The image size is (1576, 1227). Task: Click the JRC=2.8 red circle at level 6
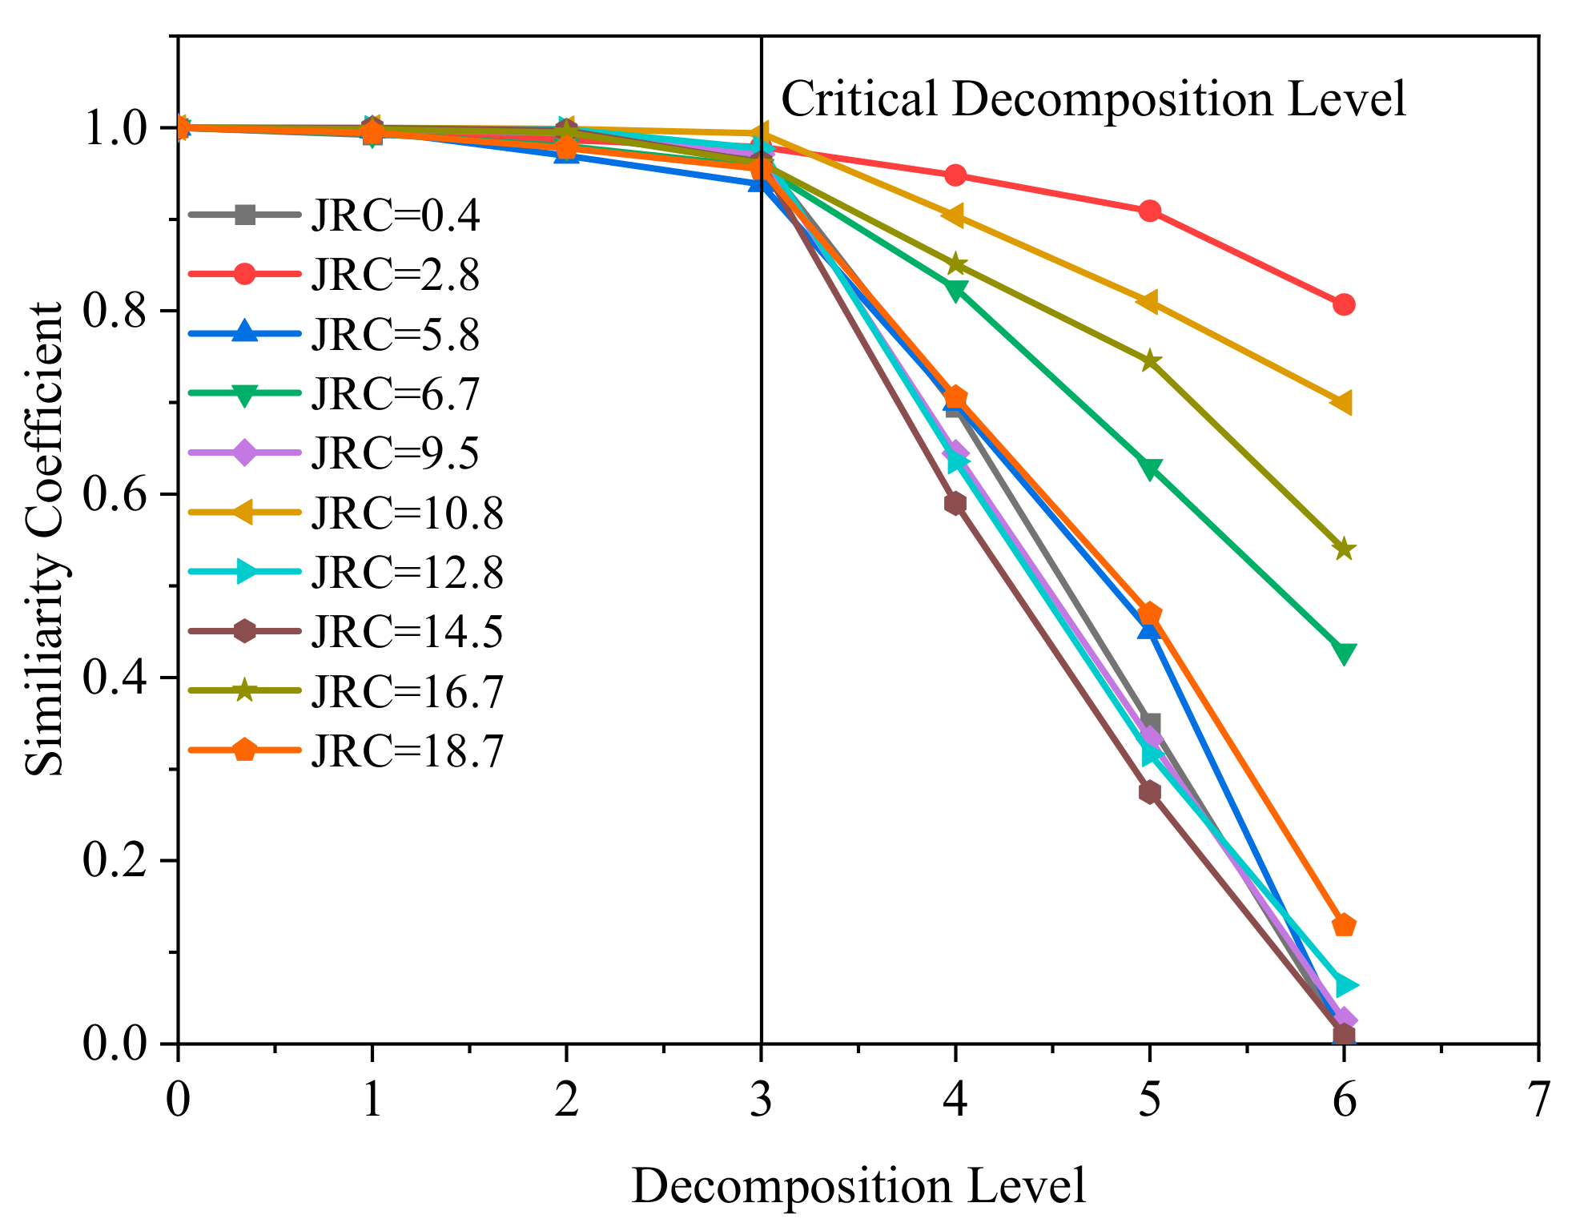(x=1344, y=304)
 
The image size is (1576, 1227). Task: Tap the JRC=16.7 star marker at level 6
(x=1344, y=549)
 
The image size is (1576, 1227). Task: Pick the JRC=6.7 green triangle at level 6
(x=1344, y=652)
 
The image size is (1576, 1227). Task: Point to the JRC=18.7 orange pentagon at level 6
(x=1344, y=926)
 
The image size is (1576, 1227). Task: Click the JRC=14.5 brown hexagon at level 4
(x=955, y=503)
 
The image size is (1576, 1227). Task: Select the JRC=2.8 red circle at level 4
(x=955, y=175)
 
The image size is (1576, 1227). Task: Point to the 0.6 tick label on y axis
(x=117, y=494)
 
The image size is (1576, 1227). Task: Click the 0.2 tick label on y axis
(x=117, y=861)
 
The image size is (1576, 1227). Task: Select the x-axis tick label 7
(x=1538, y=1100)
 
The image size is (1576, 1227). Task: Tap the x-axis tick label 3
(x=761, y=1100)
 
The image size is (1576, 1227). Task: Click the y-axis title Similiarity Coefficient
(x=45, y=539)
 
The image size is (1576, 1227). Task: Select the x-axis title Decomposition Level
(x=858, y=1186)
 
